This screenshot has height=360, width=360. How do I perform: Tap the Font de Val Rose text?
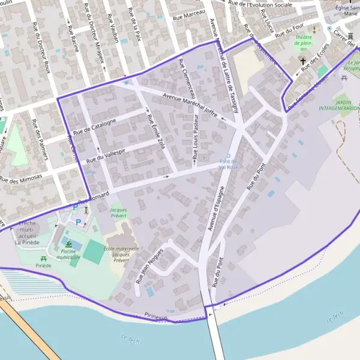coord(228,165)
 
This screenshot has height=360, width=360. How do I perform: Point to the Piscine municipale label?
coord(68,254)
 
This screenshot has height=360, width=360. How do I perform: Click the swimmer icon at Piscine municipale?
coord(69,244)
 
